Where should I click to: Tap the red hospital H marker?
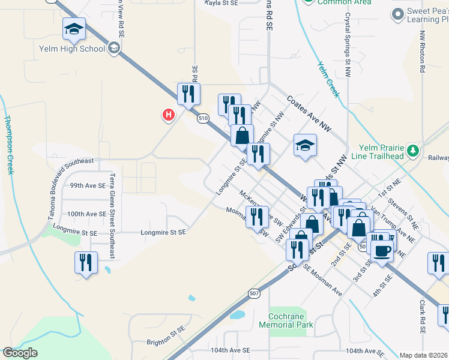[169, 114]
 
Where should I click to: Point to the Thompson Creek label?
[9, 137]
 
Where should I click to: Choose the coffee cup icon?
[382, 250]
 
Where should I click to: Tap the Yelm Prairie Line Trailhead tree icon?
[412, 149]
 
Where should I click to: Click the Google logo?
[20, 353]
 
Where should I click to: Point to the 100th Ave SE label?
[86, 214]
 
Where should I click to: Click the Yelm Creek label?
[328, 79]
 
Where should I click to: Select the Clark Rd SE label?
[423, 317]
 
